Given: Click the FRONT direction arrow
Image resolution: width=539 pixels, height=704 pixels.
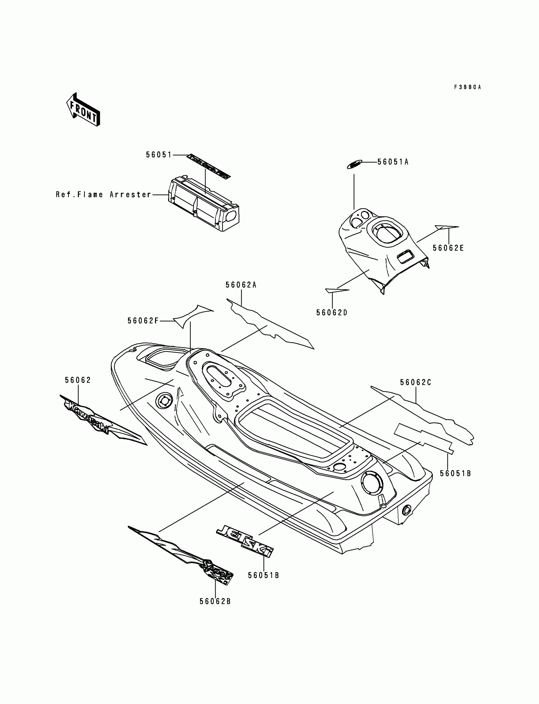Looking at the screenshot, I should pos(83,110).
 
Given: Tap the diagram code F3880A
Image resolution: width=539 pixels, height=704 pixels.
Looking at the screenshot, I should pos(467,87).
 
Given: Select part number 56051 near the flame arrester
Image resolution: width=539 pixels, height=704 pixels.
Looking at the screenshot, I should pos(159,155).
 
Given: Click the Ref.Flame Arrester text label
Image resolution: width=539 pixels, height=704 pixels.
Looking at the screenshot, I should pos(103,194).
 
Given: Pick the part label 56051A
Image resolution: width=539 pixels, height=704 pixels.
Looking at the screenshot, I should pos(393,162).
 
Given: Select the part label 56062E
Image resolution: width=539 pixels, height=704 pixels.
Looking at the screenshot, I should pos(448,248).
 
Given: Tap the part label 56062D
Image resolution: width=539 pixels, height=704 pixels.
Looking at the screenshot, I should pos(332,313).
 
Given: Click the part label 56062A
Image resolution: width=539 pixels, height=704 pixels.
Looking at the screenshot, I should pos(241,285).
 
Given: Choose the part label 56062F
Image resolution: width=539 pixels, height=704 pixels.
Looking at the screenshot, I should pos(143,321).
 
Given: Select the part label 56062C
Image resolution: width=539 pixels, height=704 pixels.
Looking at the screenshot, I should pos(415,382).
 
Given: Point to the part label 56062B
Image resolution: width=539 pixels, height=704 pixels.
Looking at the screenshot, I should pos(215,601).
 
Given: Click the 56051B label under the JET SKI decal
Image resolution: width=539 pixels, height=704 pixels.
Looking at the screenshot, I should pos(263,575).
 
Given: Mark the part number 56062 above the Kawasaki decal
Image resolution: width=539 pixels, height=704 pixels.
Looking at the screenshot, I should pos(78,380).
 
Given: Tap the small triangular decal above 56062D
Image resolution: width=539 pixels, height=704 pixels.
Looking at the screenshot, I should pos(336,291).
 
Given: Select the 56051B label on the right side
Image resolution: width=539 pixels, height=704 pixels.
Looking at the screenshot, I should pos(455,473).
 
